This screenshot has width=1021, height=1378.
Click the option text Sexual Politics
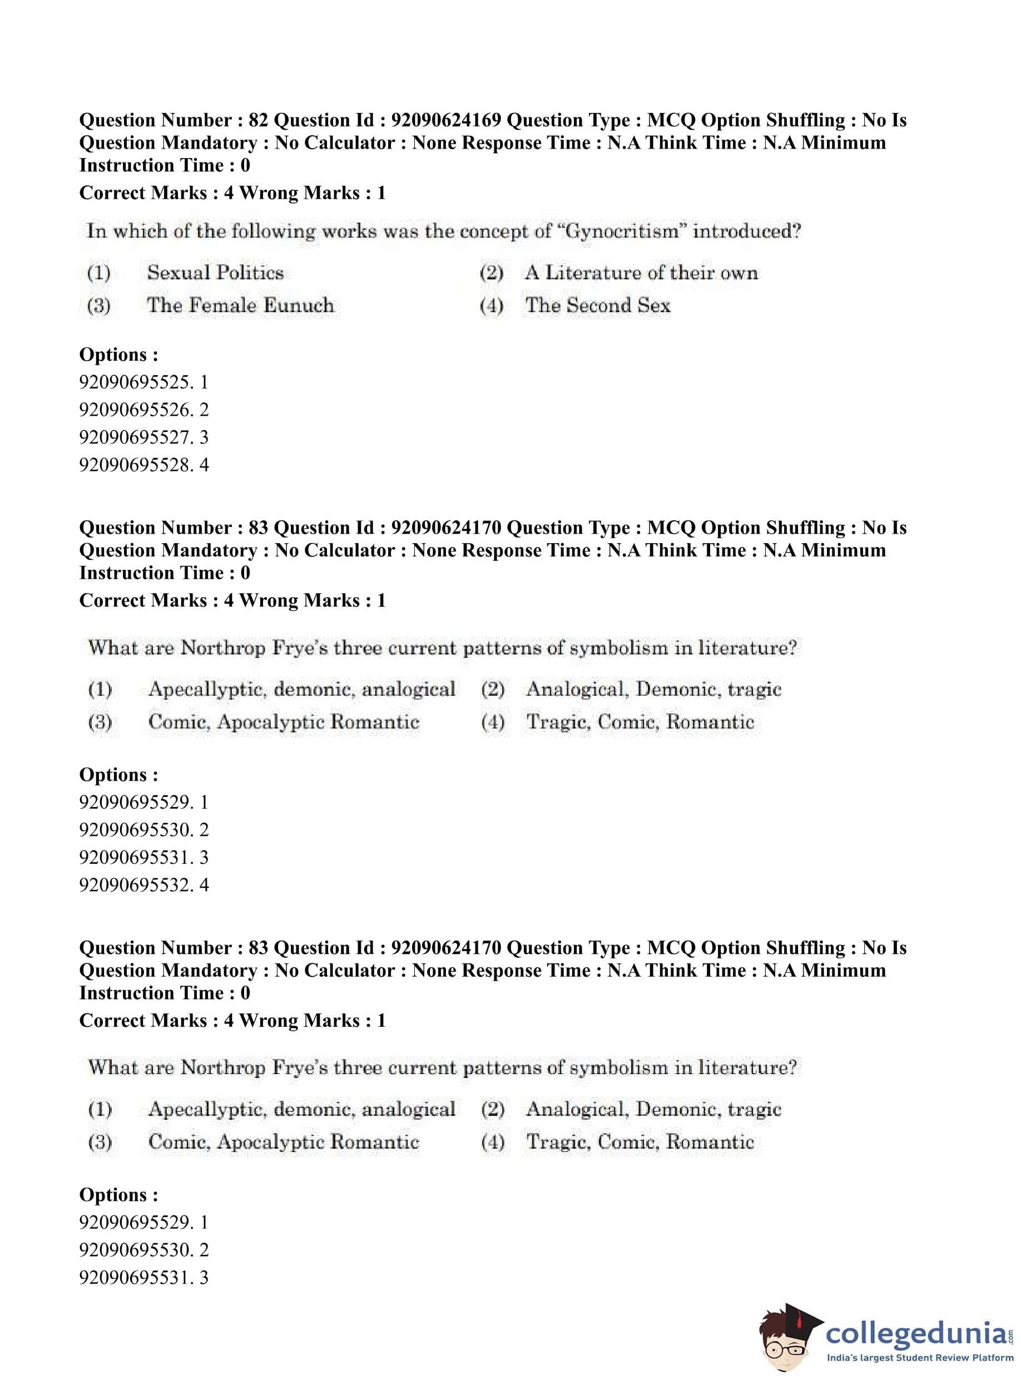point(215,273)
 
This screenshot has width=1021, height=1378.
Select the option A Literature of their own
point(641,273)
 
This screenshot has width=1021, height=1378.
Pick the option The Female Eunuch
point(240,306)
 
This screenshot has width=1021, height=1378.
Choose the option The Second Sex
point(598,306)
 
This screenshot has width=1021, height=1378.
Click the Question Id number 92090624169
point(446,120)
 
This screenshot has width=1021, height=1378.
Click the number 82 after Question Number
point(257,120)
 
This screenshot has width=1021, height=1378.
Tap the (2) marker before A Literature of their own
point(492,273)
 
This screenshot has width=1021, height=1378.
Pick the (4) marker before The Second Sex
point(492,306)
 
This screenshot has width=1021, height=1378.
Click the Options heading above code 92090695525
point(118,355)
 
